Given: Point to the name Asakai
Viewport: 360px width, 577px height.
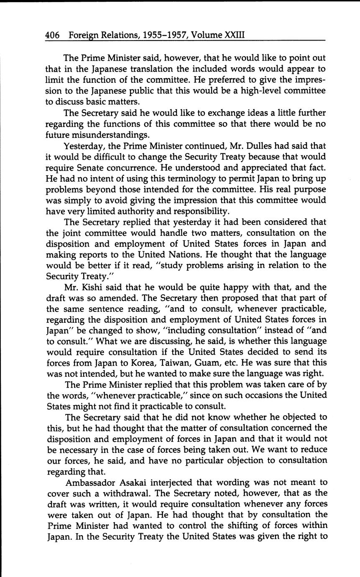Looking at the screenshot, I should point(137,482).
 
